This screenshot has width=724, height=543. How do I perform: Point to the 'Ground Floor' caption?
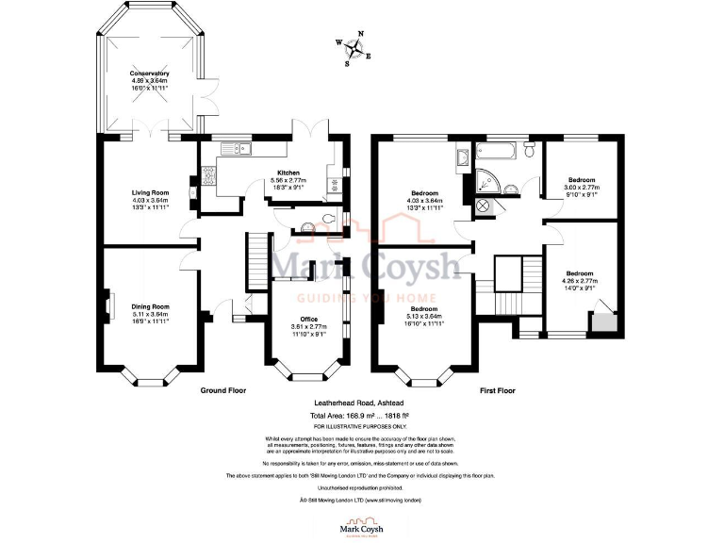pos(223,389)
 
